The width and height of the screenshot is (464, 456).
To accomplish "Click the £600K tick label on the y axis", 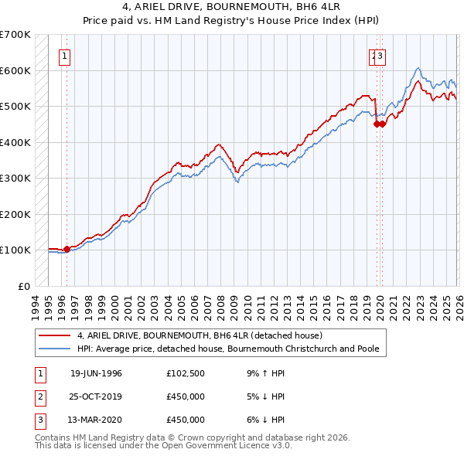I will point(15,70).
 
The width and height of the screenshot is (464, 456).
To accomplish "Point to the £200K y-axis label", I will point(15,214).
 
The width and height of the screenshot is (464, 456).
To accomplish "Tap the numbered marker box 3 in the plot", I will point(381,56).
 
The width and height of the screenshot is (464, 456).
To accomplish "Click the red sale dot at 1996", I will point(67,249).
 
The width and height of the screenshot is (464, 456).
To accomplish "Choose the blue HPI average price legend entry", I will point(227,349).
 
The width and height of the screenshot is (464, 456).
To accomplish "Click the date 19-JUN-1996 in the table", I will point(96,373).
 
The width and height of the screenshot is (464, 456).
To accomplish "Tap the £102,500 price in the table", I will point(186,373).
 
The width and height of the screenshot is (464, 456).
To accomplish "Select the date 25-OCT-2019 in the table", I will point(96,396).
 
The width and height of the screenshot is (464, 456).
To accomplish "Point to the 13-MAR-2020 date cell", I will point(96,420).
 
